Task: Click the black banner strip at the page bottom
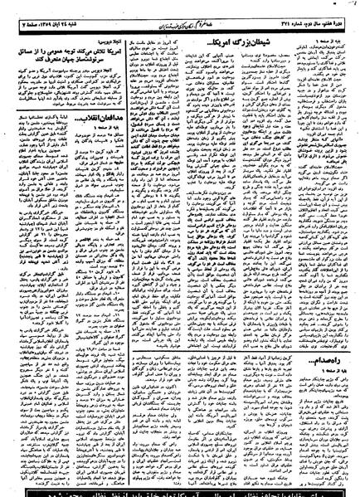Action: (180, 490)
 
